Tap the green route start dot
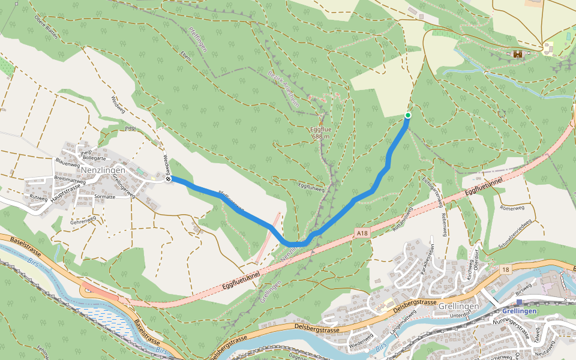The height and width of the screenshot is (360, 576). [x=408, y=115]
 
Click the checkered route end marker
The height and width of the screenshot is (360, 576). [x=169, y=179]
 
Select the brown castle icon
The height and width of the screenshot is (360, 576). [x=517, y=54]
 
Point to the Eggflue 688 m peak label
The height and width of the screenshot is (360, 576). [x=322, y=133]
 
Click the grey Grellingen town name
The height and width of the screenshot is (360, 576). [x=459, y=306]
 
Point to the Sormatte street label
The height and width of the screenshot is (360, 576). [x=105, y=197]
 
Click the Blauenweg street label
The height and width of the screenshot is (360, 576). [x=67, y=163]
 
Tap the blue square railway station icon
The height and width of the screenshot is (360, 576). [x=519, y=302]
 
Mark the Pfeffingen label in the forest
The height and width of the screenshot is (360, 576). [x=197, y=39]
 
